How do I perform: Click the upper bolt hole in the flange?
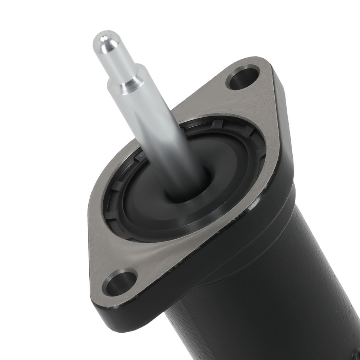pos(243,77)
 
